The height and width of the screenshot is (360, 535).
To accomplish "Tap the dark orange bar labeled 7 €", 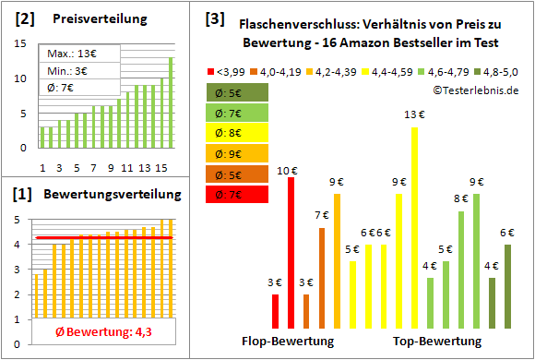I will (x=322, y=277).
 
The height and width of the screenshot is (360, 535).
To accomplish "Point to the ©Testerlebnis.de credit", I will (x=474, y=90).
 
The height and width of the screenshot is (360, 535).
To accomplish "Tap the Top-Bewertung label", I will (x=436, y=341).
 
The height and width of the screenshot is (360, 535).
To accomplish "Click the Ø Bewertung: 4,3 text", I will (x=102, y=332).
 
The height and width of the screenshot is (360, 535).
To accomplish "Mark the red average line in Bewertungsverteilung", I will (x=102, y=238).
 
